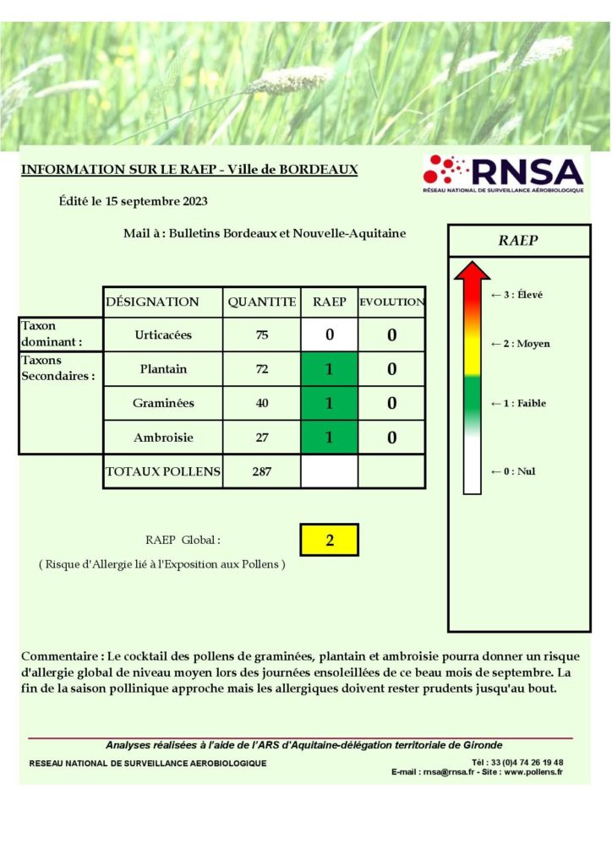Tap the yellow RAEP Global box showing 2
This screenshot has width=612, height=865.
click(x=330, y=541)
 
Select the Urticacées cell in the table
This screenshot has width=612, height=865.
click(x=163, y=335)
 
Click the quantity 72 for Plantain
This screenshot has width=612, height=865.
click(x=262, y=369)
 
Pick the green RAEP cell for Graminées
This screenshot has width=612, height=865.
click(x=330, y=404)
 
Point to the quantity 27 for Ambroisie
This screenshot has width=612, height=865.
click(x=262, y=438)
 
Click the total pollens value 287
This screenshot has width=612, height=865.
click(x=262, y=471)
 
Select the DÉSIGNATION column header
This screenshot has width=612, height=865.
click(x=153, y=302)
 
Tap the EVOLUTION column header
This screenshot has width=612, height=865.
click(x=392, y=302)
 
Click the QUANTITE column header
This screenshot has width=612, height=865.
click(x=262, y=302)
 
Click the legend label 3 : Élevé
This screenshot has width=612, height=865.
click(x=517, y=295)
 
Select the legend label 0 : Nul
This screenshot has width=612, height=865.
click(x=513, y=471)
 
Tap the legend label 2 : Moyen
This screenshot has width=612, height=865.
click(x=521, y=344)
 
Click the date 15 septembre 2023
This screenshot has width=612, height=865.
click(x=152, y=201)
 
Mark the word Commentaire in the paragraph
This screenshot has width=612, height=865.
click(x=60, y=656)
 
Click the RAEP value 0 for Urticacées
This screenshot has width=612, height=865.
click(x=330, y=335)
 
